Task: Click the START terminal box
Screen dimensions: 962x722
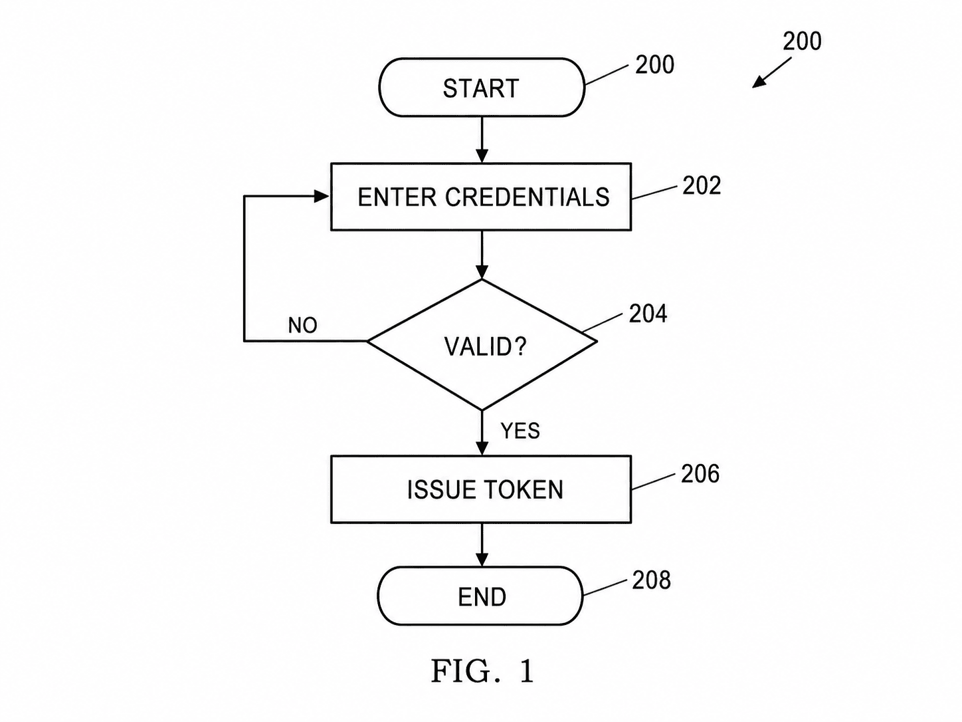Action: pos(482,88)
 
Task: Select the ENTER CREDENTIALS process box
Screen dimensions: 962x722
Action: pos(481,197)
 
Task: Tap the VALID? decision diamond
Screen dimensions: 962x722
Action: pos(482,345)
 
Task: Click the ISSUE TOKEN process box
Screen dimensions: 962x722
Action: pos(481,489)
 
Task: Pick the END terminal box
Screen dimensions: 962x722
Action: pos(480,596)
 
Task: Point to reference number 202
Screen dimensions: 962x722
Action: pos(702,185)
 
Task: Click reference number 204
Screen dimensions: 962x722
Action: pos(648,314)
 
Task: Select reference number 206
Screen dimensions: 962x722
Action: pos(700,474)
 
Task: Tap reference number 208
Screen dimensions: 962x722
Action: pos(651,580)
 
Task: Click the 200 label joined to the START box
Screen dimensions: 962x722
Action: pos(655,65)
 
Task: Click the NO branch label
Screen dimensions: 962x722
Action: pos(302,325)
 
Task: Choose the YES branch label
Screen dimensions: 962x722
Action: pos(520,431)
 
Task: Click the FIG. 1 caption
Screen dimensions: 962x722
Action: pos(482,671)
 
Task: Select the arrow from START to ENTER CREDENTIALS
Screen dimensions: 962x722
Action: pos(482,140)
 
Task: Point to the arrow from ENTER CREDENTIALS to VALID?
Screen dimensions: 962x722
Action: pos(482,255)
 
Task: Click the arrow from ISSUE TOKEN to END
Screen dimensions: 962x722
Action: pos(482,545)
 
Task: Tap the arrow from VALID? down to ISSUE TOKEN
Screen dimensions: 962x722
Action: pos(482,433)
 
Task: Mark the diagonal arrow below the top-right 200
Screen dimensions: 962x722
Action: pos(772,72)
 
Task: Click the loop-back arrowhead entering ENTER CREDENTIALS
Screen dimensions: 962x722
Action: pos(323,196)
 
